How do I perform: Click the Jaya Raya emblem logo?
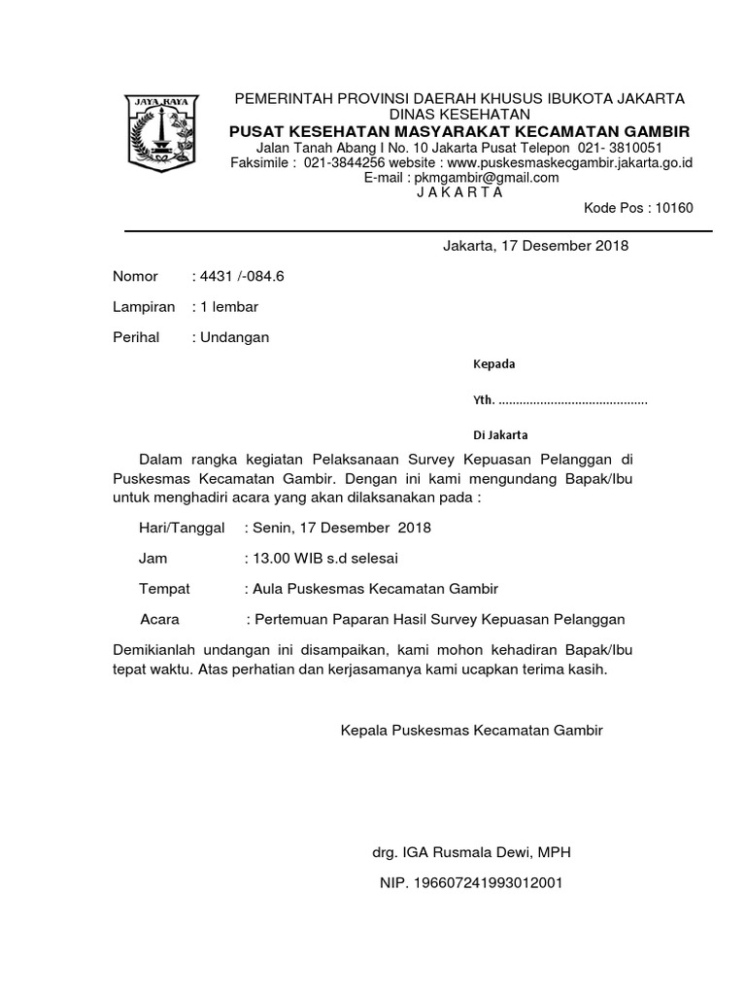coord(161,133)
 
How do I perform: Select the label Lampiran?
coord(144,307)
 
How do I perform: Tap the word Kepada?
coord(493,364)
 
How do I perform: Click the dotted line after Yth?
coord(572,399)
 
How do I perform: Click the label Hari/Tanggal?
coord(183,528)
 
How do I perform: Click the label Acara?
coord(160,619)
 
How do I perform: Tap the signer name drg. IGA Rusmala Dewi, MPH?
coord(471,852)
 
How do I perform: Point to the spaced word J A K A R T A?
coord(459,191)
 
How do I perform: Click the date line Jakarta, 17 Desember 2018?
coord(535,245)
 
